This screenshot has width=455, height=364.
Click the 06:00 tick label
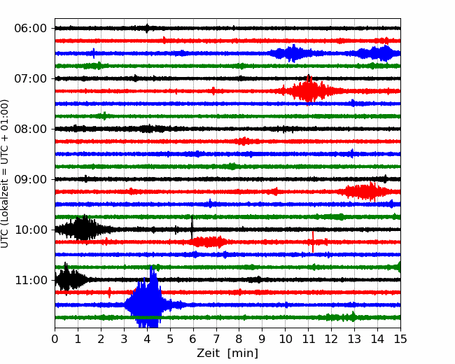coord(31,29)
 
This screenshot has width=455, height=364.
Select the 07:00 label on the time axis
coord(31,78)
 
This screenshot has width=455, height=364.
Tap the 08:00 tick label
coord(31,129)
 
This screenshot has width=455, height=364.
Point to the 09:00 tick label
coord(31,179)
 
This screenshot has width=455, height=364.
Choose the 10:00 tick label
coord(31,230)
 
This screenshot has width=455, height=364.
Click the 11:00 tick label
coord(31,280)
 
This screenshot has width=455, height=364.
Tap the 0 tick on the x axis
coord(55,339)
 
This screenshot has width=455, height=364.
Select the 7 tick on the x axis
coord(216,339)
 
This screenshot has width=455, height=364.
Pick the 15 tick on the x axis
coord(400,339)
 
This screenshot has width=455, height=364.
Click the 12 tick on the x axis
coord(331,339)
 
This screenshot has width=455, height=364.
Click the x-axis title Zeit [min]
coord(227,353)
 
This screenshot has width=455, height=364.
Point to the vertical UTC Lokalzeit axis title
coord(4,174)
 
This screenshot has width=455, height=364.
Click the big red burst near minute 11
coord(309,90)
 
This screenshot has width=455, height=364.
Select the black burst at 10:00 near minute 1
coord(83,229)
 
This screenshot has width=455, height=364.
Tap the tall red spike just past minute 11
coord(313,241)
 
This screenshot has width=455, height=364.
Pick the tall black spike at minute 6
coord(192,227)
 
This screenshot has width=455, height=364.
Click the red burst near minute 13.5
coord(367,192)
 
